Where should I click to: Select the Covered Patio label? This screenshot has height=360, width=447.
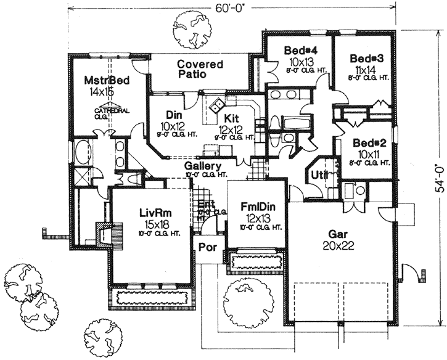click(x=196, y=68)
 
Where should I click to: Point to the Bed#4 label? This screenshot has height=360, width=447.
click(x=300, y=50)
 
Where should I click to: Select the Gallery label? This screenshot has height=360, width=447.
click(x=203, y=166)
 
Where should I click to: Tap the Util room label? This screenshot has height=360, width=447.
click(x=318, y=175)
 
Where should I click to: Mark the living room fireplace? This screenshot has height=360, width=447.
click(x=107, y=234)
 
